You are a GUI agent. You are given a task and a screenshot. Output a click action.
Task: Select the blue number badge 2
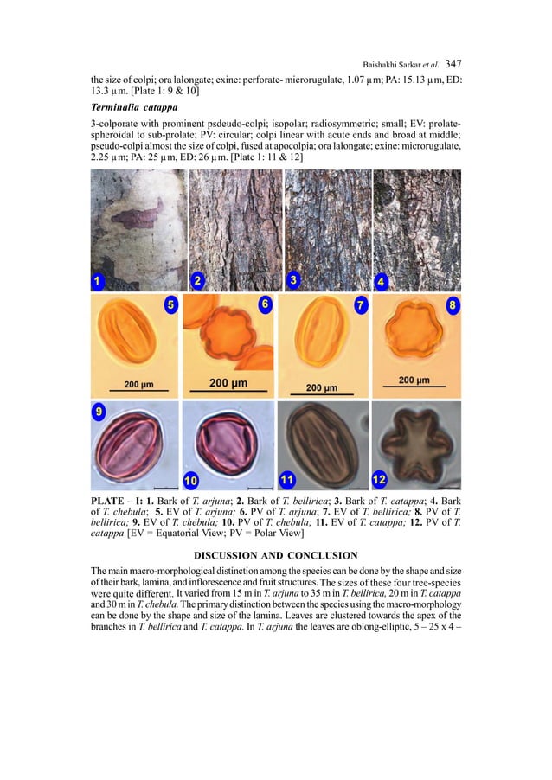pyautogui.click(x=198, y=280)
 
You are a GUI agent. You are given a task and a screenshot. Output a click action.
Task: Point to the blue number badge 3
pyautogui.click(x=294, y=280)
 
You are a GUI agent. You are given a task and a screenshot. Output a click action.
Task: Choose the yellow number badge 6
pyautogui.click(x=264, y=304)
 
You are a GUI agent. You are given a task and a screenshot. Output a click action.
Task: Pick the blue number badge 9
pyautogui.click(x=101, y=412)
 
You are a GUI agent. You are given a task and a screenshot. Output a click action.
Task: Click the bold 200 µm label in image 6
pyautogui.click(x=228, y=383)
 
